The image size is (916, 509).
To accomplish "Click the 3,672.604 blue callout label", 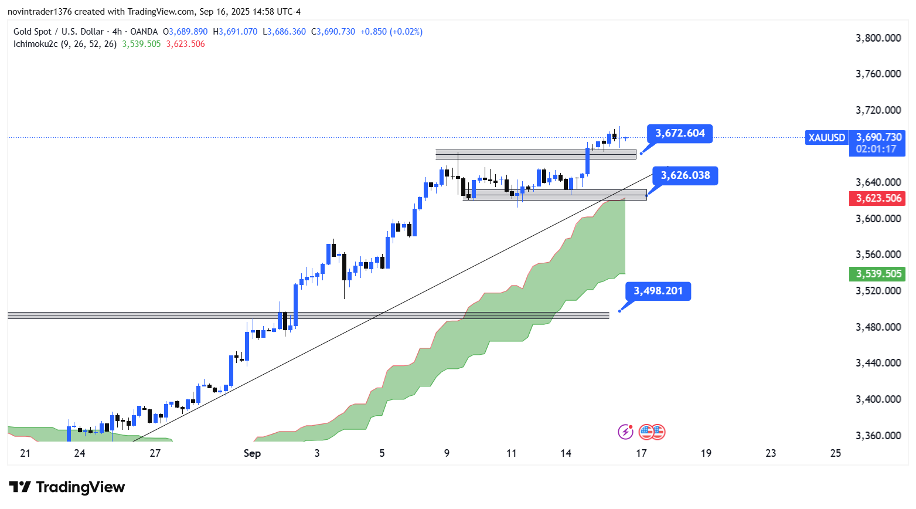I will point(680,134).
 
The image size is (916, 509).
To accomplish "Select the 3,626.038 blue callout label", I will point(685,175).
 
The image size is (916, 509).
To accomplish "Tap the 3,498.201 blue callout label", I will point(658,291).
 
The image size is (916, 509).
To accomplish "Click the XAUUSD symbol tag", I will point(826,138).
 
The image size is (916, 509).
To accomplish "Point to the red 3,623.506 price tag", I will point(878,198).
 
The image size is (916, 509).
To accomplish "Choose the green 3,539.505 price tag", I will point(878,274).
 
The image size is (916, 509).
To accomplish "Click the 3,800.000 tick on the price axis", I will point(878,38).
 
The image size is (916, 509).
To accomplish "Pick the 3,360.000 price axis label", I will point(878,436).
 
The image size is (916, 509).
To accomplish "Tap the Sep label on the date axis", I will point(252,453).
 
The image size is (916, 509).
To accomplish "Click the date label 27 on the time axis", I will point(155,453).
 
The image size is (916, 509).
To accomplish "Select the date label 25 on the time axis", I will point(836,453).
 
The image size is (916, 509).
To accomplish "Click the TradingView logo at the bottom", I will point(67,487).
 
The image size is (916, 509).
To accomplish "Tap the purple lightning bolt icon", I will point(625,432).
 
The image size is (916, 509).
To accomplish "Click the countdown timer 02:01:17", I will point(876,149).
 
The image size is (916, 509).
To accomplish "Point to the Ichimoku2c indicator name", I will point(36,44).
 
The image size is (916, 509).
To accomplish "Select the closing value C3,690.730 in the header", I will point(333,32).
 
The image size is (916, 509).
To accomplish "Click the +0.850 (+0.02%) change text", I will point(391,32).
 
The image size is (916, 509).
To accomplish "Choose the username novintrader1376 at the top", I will point(39,12).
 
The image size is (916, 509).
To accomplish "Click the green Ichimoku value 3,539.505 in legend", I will point(141,44).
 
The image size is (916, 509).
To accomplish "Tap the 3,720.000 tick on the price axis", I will point(878,110).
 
